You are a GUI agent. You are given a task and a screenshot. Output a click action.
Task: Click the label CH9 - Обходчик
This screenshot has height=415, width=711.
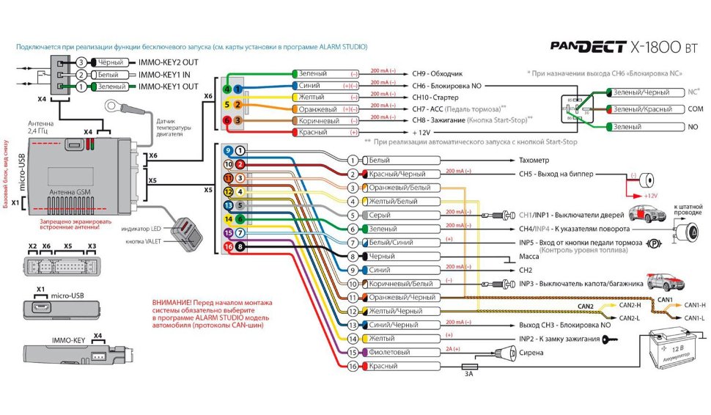(438, 74)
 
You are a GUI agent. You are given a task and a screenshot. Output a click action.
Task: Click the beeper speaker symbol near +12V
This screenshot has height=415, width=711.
(645, 179)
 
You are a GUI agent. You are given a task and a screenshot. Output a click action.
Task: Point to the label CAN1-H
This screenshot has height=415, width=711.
(693, 305)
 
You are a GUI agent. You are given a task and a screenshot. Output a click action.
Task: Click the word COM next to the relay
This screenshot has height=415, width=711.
(693, 109)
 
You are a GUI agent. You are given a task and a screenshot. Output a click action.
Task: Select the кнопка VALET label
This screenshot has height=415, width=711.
(144, 242)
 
